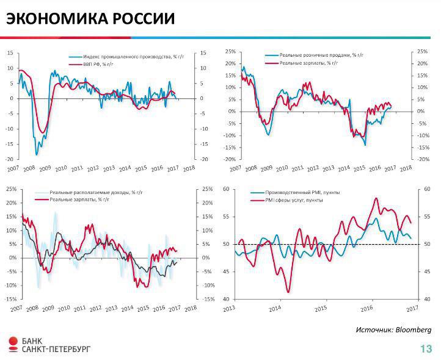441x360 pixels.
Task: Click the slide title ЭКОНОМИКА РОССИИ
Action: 90,19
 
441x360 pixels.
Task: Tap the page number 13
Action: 426,349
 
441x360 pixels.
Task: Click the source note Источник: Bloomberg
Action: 393,329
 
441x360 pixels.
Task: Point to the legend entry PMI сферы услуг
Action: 291,200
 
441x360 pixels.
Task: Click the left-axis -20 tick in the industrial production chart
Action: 9,159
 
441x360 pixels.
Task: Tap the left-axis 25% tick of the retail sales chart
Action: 230,52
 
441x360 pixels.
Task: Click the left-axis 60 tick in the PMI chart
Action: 226,189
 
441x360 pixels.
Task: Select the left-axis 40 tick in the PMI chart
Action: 226,299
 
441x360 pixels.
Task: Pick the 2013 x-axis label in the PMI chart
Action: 229,308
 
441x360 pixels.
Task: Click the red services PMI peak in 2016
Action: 376,198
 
